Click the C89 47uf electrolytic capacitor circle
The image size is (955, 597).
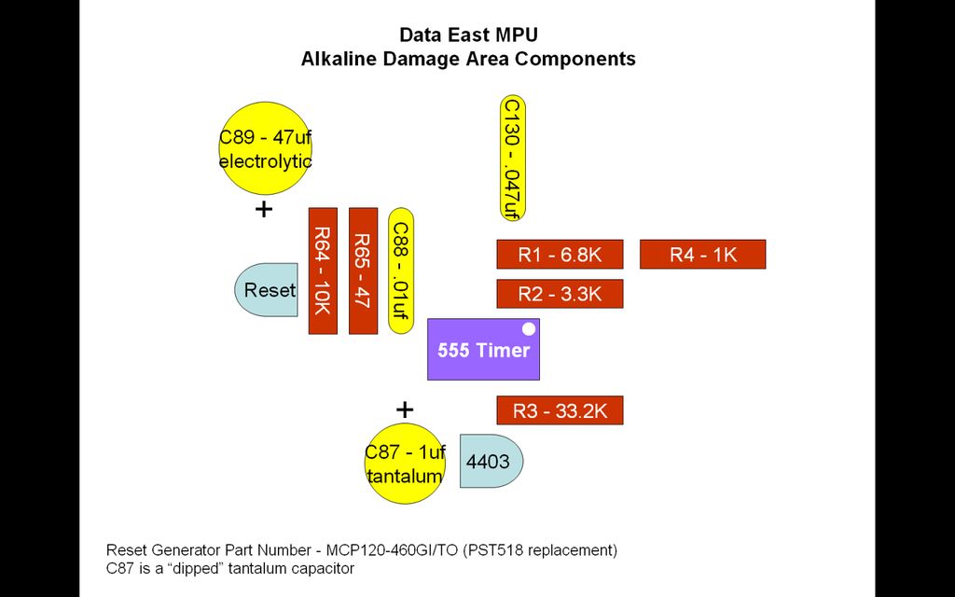click(x=265, y=148)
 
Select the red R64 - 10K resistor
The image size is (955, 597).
click(x=323, y=271)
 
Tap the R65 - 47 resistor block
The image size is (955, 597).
click(x=363, y=271)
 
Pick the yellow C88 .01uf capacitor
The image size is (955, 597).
click(x=400, y=271)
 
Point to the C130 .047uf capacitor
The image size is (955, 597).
click(x=512, y=158)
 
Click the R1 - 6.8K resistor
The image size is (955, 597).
click(x=560, y=255)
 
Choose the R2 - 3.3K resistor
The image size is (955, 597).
click(x=560, y=294)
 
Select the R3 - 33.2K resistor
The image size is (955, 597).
click(x=560, y=410)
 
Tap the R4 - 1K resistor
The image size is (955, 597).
click(x=702, y=255)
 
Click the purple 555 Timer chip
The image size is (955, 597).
click(x=483, y=350)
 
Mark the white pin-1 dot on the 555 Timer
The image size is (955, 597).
click(x=529, y=328)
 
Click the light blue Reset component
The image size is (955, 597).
click(x=267, y=290)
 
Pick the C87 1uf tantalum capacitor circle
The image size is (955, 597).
click(x=404, y=464)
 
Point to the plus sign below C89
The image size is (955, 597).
click(x=264, y=209)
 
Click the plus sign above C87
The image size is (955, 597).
click(x=404, y=410)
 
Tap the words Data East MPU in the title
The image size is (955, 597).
click(x=468, y=35)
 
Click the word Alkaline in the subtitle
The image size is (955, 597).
click(x=339, y=59)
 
